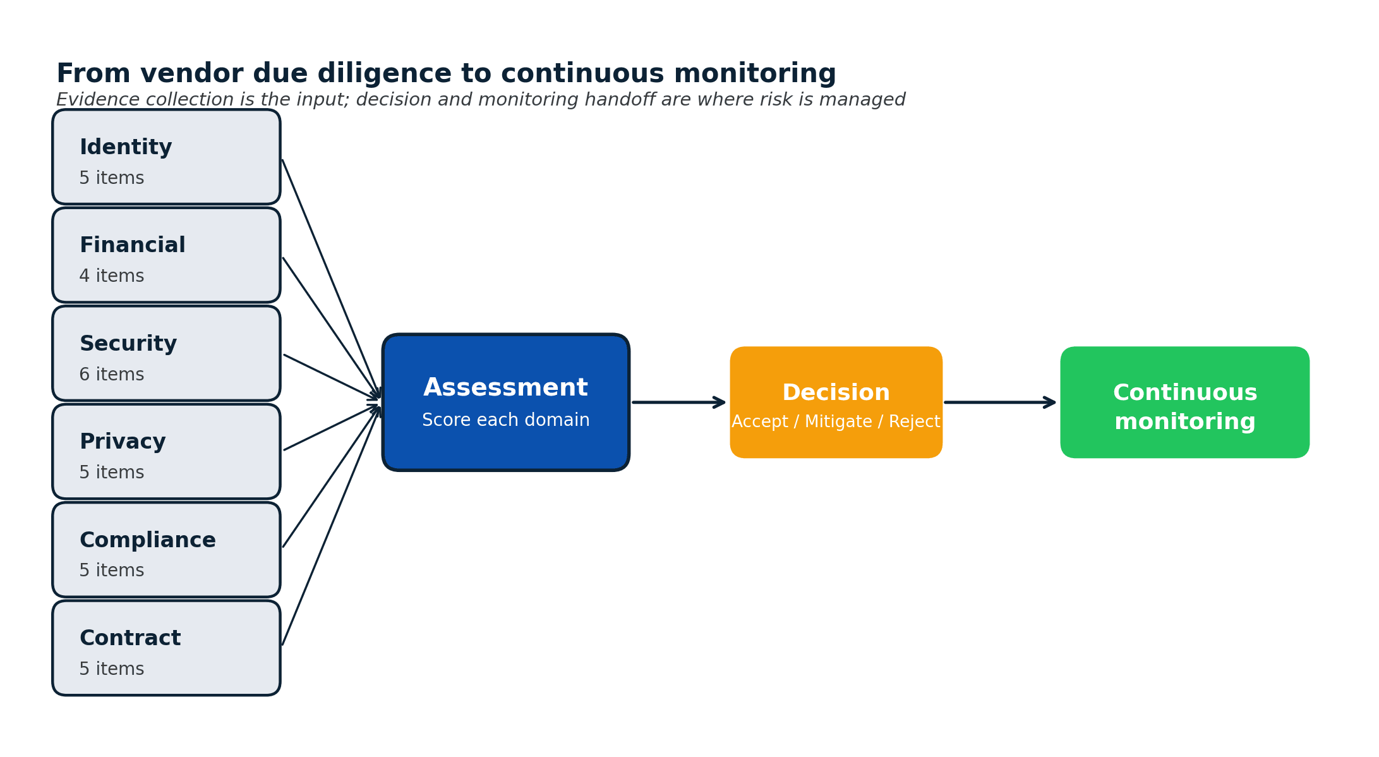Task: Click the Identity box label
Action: tap(126, 148)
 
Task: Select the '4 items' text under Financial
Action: tap(112, 276)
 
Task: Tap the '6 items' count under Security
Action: tap(112, 375)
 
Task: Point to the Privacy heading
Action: tap(123, 442)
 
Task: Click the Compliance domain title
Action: tap(147, 540)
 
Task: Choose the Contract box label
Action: tap(130, 638)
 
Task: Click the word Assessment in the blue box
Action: tap(505, 388)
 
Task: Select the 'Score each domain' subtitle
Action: tap(505, 420)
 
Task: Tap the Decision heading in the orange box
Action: tap(836, 393)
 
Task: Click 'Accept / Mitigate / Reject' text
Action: tap(836, 422)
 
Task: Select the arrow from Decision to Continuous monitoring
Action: tap(999, 403)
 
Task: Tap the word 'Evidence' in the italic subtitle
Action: tap(98, 100)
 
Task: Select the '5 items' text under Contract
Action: tap(112, 669)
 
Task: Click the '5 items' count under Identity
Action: tap(112, 178)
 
